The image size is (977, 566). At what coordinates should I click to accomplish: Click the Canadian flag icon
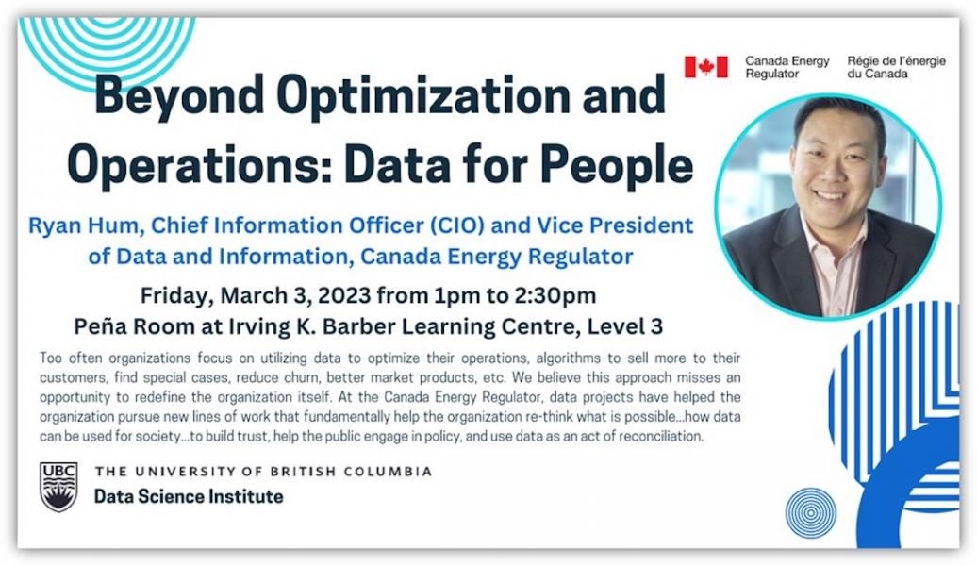(705, 67)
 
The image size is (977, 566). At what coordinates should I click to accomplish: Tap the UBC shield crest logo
(58, 487)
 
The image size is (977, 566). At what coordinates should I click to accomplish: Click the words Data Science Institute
(189, 496)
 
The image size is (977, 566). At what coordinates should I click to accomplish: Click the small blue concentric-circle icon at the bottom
(810, 513)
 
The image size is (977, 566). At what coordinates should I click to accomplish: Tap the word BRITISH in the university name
(306, 472)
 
